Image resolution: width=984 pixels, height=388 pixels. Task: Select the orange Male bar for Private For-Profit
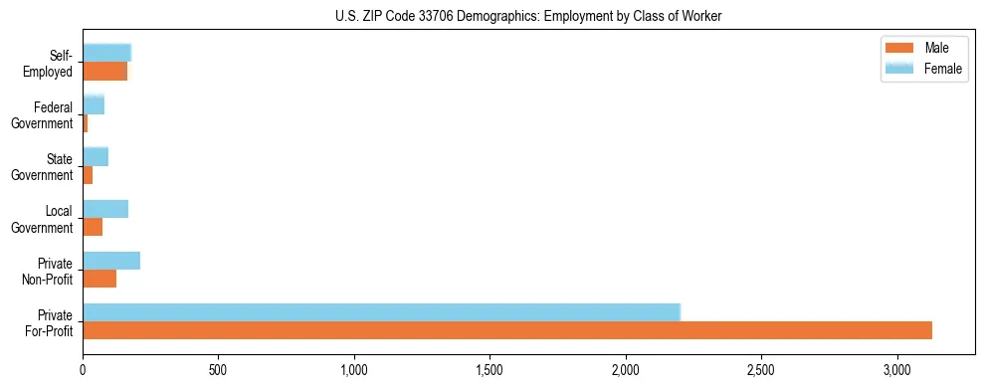(507, 330)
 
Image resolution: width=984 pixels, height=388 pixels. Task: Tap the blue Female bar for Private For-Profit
(381, 311)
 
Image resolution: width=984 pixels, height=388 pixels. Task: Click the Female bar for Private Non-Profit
(111, 261)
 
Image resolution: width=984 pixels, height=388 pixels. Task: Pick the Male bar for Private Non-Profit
(99, 279)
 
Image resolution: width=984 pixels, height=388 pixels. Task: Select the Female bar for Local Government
(105, 209)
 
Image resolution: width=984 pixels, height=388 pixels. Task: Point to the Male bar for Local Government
(93, 227)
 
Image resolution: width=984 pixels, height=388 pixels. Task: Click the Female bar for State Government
(96, 156)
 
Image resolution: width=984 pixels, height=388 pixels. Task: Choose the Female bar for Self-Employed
(106, 53)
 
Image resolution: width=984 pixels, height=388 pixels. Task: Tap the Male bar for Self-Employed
(104, 72)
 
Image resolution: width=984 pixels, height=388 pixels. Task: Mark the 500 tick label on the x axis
(218, 370)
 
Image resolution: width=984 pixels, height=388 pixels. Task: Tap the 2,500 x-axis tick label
(761, 370)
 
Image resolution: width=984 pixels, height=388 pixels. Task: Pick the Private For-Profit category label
(50, 322)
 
